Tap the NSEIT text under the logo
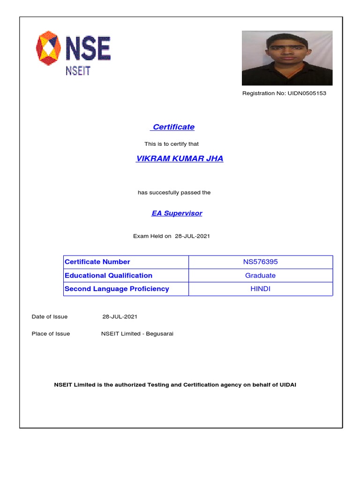tap(77, 70)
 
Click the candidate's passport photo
tap(287, 58)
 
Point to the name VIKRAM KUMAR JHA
tap(180, 158)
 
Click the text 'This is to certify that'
tap(175, 144)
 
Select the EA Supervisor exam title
tap(177, 213)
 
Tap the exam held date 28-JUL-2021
tap(192, 236)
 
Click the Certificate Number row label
tap(97, 262)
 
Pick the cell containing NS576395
tap(260, 262)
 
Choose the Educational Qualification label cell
tap(108, 276)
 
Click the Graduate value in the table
tap(260, 276)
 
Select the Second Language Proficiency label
tap(117, 289)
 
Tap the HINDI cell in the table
tap(260, 289)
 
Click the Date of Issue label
tap(50, 317)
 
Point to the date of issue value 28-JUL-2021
tap(120, 317)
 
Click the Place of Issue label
tap(51, 334)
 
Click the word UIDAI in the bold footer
tap(287, 385)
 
